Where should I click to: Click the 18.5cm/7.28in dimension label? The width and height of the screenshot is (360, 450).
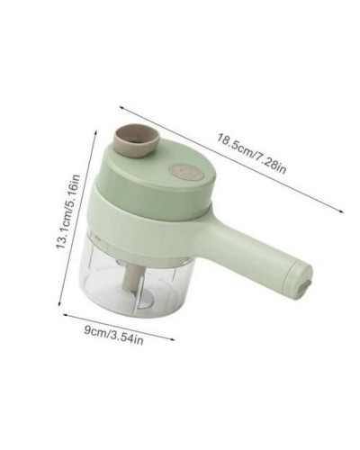pos(251,154)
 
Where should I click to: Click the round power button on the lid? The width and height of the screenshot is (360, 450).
pos(186,172)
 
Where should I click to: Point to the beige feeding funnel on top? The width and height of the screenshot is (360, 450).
pos(136,140)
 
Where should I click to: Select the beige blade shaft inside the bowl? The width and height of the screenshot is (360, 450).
pos(133,276)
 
